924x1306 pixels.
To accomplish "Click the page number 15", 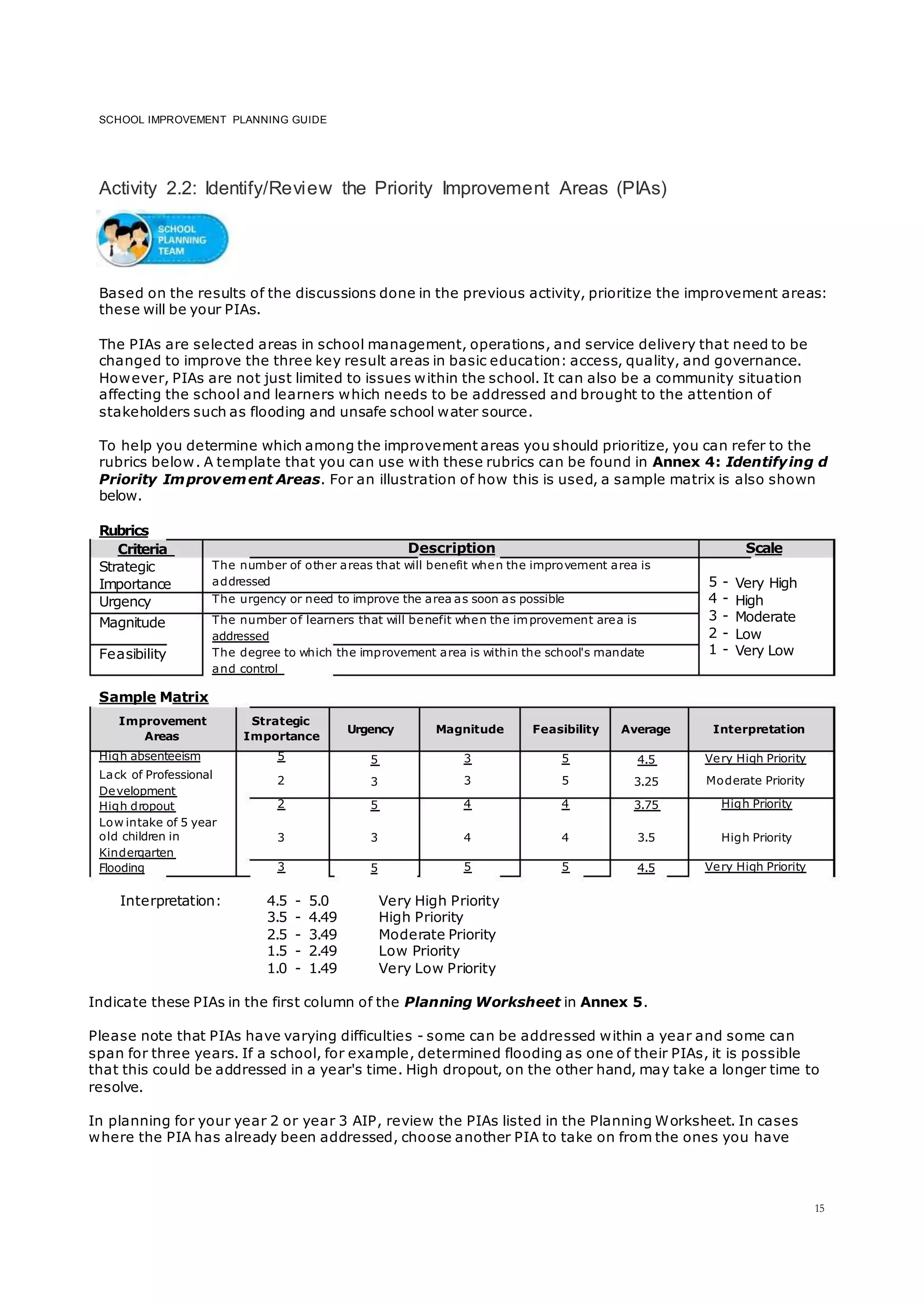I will pyautogui.click(x=819, y=1208).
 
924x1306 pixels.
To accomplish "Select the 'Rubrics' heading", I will pyautogui.click(x=124, y=530).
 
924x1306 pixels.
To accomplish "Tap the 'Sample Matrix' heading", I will pyautogui.click(x=153, y=697).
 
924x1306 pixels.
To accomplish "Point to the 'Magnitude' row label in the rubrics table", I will pyautogui.click(x=132, y=622).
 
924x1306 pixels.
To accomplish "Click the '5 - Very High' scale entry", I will pyautogui.click(x=752, y=583).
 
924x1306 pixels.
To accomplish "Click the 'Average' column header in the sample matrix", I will pyautogui.click(x=645, y=729).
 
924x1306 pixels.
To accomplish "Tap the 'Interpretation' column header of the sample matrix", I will pyautogui.click(x=758, y=729).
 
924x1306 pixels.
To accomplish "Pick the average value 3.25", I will pyautogui.click(x=646, y=782).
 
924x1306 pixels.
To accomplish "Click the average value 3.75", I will pyautogui.click(x=646, y=805).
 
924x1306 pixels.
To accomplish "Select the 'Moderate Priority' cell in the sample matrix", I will pyautogui.click(x=755, y=781).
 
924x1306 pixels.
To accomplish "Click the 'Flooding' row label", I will pyautogui.click(x=122, y=868).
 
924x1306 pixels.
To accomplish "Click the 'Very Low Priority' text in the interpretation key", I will pyautogui.click(x=437, y=968).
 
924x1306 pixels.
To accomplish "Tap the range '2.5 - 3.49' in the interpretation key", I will pyautogui.click(x=301, y=934).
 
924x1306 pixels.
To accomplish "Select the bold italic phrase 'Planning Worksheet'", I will pyautogui.click(x=482, y=1002).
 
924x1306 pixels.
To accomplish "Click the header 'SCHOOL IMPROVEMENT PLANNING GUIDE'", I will pyautogui.click(x=213, y=120).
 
